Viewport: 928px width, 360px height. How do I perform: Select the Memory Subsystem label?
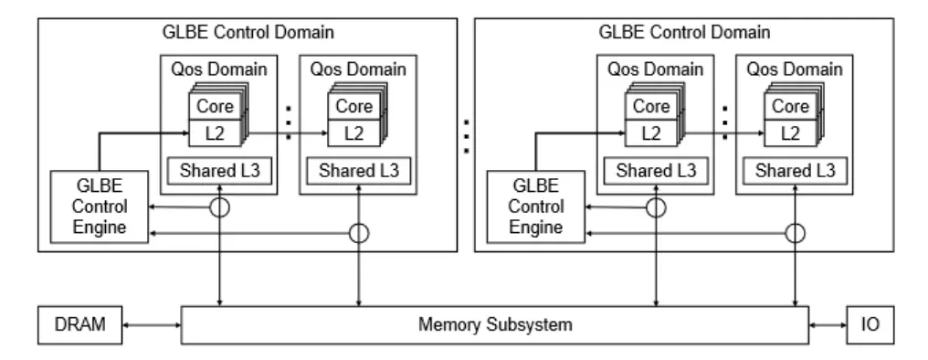495,324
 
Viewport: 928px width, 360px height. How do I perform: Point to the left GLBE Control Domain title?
247,32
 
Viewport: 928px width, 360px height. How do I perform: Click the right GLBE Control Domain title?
684,32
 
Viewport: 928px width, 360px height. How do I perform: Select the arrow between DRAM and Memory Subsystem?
153,324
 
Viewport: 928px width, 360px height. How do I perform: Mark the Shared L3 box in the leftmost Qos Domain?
218,171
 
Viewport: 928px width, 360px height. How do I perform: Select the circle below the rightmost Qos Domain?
795,233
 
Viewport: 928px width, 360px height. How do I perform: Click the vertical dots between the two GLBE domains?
468,135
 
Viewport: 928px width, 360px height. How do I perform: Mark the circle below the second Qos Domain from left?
359,233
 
